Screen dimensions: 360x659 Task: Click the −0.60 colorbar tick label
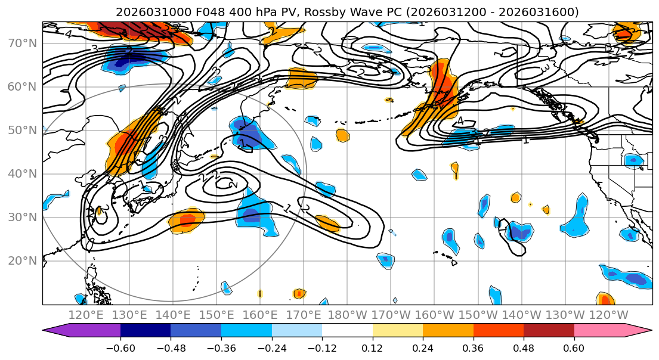tap(120, 347)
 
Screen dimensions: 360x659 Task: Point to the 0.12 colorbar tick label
tap(373, 347)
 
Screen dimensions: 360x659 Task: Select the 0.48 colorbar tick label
tap(524, 347)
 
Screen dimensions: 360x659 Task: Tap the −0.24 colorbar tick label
tap(271, 347)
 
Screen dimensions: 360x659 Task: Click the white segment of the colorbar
tap(347, 331)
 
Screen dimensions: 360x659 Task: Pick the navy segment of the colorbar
tap(146, 331)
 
